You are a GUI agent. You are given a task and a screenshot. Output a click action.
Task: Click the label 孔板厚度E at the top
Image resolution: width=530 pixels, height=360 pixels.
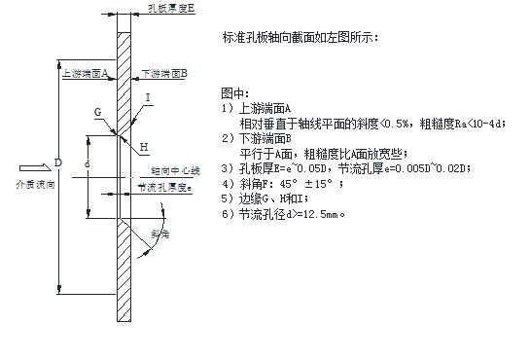point(173,7)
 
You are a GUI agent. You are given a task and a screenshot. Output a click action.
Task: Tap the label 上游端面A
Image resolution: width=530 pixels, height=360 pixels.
point(83,72)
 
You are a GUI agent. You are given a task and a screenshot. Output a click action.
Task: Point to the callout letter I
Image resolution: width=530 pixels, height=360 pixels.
point(147,97)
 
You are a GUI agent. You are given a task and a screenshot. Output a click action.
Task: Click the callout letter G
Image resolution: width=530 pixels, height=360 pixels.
point(98,113)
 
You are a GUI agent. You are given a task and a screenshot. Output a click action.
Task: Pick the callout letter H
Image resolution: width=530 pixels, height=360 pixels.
point(144,147)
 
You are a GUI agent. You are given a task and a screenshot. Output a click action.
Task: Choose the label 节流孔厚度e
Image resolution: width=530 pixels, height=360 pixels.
point(162,187)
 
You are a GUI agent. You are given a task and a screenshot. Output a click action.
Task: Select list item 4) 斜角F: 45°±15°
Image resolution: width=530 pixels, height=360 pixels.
point(292,182)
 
